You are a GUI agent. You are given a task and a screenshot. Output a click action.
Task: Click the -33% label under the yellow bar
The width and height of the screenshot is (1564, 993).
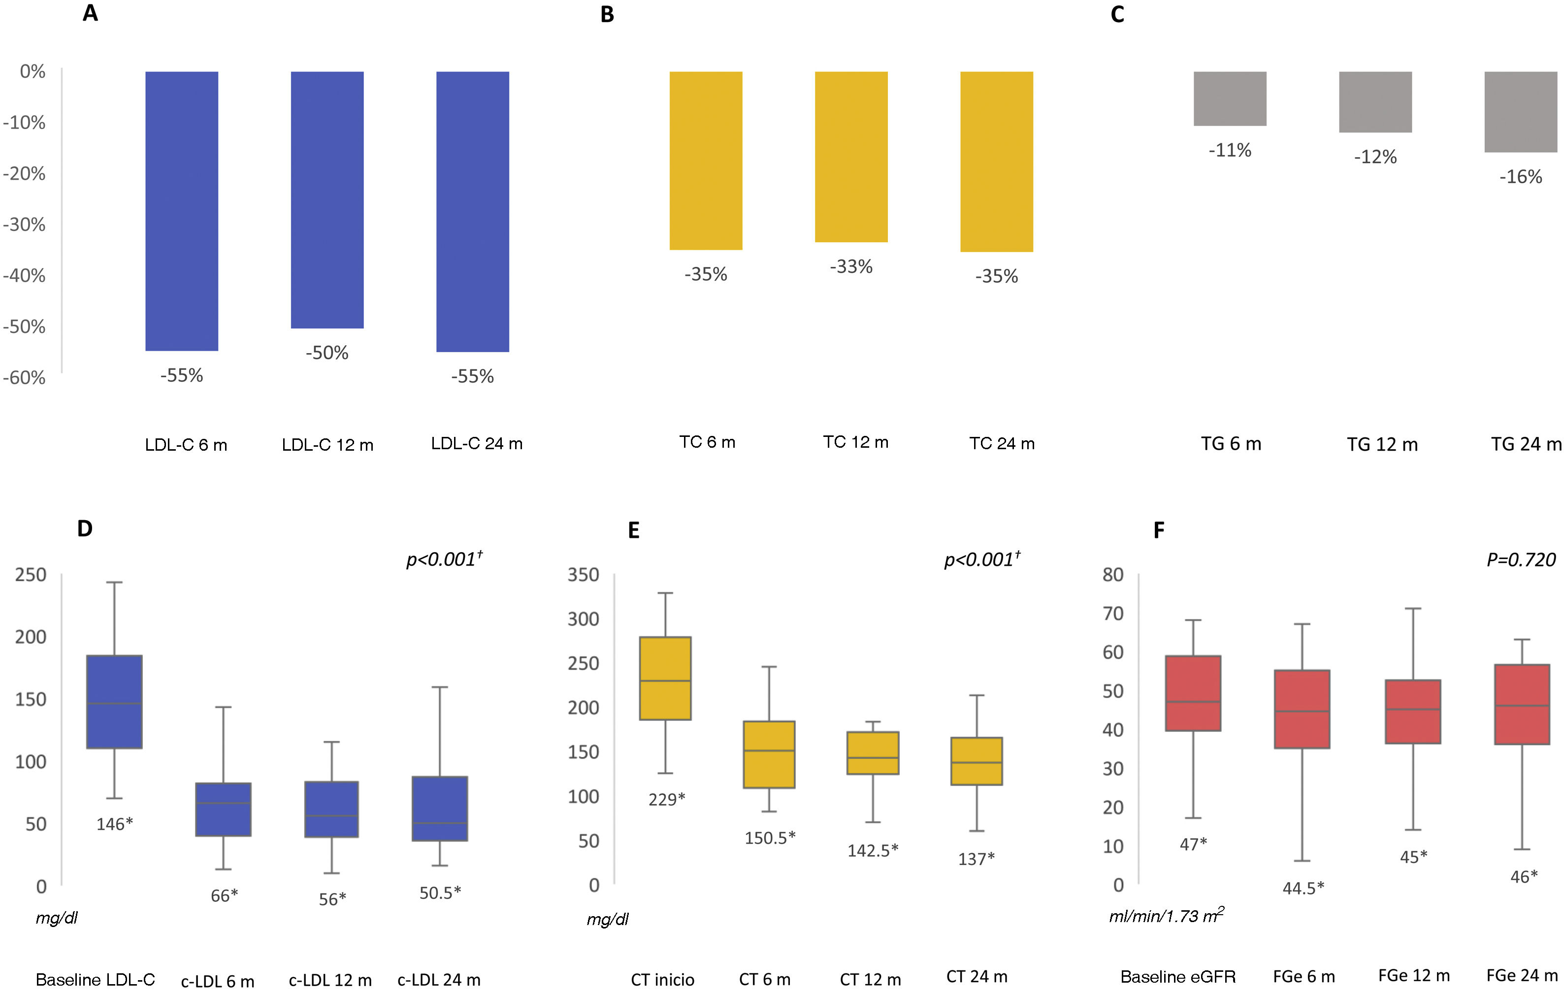click(851, 266)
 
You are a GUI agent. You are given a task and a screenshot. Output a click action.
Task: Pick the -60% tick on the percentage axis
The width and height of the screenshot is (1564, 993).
click(25, 377)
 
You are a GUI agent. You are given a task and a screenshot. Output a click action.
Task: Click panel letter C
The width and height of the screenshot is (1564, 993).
click(1117, 14)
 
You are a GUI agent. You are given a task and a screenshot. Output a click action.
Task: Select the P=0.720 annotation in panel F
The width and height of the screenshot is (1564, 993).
click(1521, 560)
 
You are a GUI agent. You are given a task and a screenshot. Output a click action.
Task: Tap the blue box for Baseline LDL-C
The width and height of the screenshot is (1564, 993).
click(114, 701)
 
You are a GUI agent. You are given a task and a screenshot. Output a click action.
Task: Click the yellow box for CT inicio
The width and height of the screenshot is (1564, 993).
click(665, 678)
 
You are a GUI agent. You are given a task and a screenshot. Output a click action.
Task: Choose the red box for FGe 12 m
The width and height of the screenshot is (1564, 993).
click(1413, 712)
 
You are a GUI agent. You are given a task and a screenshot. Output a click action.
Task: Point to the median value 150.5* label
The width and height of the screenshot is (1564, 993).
click(770, 838)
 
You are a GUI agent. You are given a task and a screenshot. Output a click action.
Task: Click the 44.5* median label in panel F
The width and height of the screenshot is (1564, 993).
click(1303, 888)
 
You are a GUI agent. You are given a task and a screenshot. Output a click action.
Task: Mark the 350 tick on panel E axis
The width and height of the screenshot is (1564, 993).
click(583, 575)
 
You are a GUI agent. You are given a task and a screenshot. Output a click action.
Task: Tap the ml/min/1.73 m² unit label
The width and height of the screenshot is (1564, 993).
click(1166, 916)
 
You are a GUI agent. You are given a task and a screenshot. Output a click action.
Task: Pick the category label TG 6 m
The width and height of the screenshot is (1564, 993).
click(1231, 444)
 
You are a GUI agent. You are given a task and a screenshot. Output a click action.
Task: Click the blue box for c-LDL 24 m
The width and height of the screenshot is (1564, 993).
click(440, 809)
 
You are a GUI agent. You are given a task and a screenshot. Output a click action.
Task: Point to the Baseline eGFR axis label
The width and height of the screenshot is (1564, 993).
click(1177, 977)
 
